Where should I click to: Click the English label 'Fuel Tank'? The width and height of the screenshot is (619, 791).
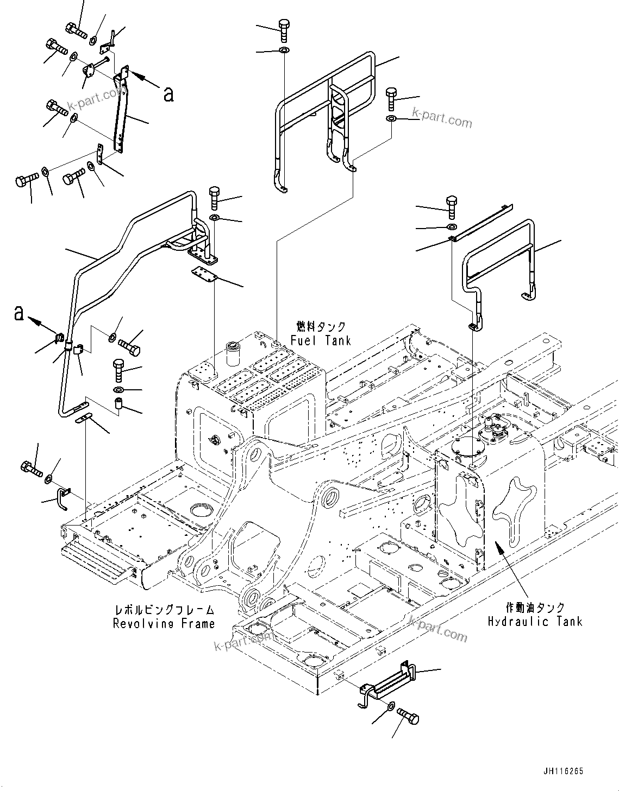pyautogui.click(x=320, y=340)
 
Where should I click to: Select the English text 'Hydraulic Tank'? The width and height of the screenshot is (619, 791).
pyautogui.click(x=535, y=621)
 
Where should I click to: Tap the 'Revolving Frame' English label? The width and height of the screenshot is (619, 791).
pyautogui.click(x=164, y=624)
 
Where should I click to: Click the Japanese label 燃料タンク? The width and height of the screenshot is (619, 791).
pyautogui.click(x=321, y=326)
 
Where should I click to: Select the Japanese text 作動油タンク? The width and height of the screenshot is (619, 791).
pyautogui.click(x=535, y=608)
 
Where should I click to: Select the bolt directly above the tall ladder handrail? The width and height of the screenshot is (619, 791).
pyautogui.click(x=284, y=29)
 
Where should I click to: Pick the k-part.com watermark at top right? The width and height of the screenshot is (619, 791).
pyautogui.click(x=442, y=118)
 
